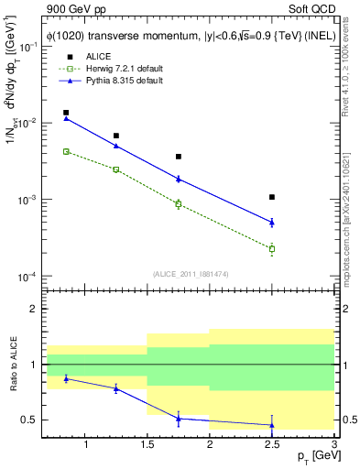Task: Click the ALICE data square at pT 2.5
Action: [x=272, y=197]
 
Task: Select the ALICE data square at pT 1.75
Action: [x=179, y=157]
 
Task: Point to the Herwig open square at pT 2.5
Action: [x=272, y=248]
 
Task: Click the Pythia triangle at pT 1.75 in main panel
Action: [x=179, y=179]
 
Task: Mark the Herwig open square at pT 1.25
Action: [x=116, y=169]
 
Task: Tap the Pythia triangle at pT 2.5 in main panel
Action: [x=272, y=222]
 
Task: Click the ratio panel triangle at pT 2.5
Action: [x=272, y=425]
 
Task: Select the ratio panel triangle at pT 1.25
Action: [x=116, y=388]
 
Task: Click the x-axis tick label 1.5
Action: [x=147, y=444]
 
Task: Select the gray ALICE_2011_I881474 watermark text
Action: [x=190, y=274]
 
